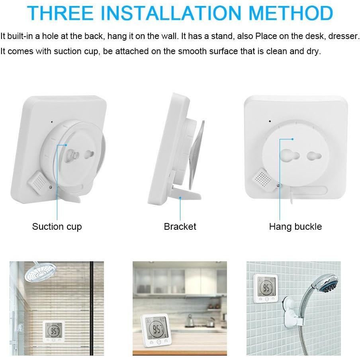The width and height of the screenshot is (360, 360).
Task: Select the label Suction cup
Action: [x=57, y=227]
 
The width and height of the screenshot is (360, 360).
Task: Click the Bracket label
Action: [x=180, y=227]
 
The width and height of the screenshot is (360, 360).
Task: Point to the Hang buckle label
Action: [x=295, y=227]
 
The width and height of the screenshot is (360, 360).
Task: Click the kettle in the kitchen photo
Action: [x=190, y=320]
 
